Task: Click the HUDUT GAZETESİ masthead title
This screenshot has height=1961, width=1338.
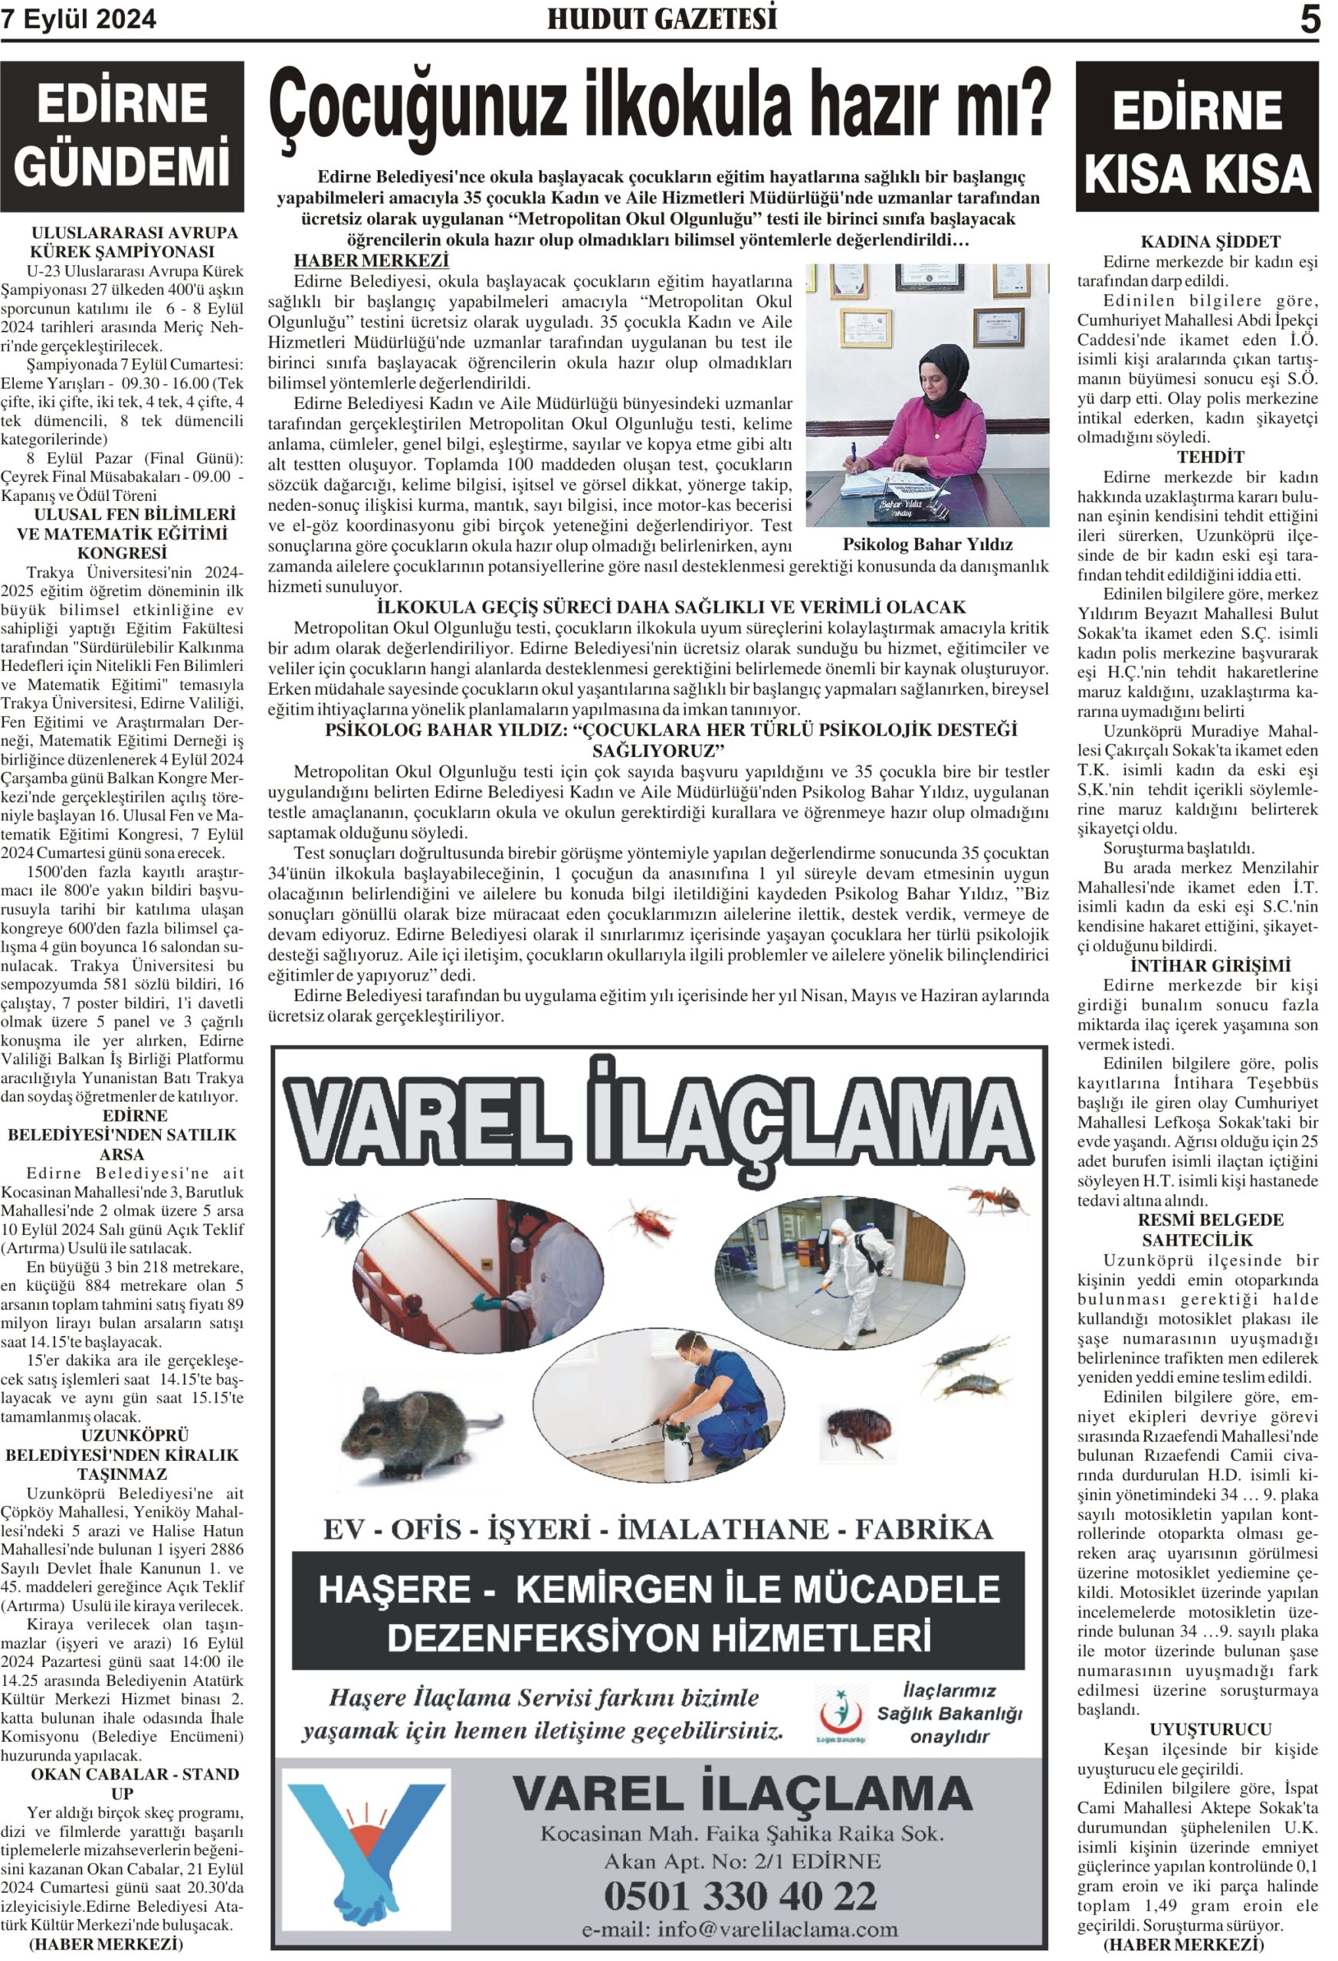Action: [662, 18]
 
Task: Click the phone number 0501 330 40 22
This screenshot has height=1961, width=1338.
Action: [740, 1896]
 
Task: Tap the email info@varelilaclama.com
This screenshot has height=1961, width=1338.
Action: [740, 1929]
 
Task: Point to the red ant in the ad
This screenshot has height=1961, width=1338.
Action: [990, 1197]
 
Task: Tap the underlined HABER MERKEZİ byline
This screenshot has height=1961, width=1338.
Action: [371, 260]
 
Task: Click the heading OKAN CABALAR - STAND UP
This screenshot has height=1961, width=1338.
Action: [123, 1783]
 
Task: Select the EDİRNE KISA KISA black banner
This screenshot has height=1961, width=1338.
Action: [1196, 136]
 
